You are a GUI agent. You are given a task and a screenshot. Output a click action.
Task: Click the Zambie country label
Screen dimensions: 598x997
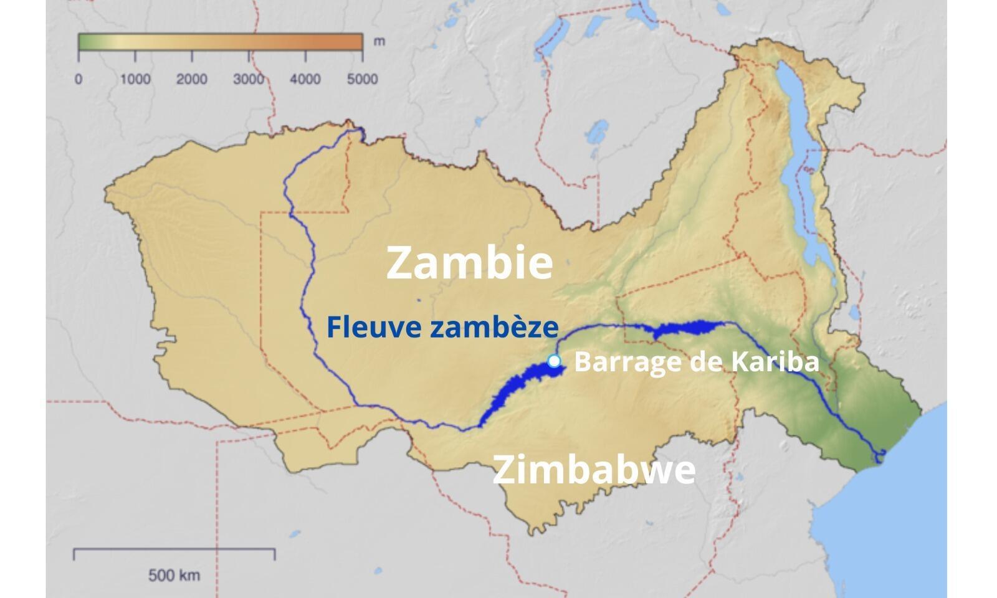click(x=469, y=262)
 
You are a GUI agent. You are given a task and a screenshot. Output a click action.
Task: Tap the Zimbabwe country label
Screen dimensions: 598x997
click(x=593, y=470)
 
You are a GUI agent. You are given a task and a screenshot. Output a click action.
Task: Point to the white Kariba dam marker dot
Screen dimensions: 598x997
click(x=553, y=361)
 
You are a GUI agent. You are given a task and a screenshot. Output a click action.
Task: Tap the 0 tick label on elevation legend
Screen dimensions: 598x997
click(x=79, y=79)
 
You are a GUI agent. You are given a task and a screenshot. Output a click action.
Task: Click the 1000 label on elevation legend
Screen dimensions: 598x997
click(x=135, y=79)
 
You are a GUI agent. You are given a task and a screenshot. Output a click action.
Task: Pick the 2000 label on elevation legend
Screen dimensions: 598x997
click(x=192, y=79)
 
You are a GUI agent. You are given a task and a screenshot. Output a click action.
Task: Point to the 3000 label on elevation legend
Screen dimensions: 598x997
click(x=249, y=79)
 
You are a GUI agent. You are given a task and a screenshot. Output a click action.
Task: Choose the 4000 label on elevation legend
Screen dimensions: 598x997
click(x=305, y=79)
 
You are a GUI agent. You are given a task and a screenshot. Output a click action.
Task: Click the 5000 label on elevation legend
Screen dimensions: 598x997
click(x=362, y=79)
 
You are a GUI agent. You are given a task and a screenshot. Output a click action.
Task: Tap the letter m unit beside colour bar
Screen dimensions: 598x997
click(x=379, y=42)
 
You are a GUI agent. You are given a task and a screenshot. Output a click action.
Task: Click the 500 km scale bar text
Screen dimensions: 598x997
click(x=174, y=575)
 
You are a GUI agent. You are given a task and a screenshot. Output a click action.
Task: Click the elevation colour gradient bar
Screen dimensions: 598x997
click(x=220, y=42)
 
